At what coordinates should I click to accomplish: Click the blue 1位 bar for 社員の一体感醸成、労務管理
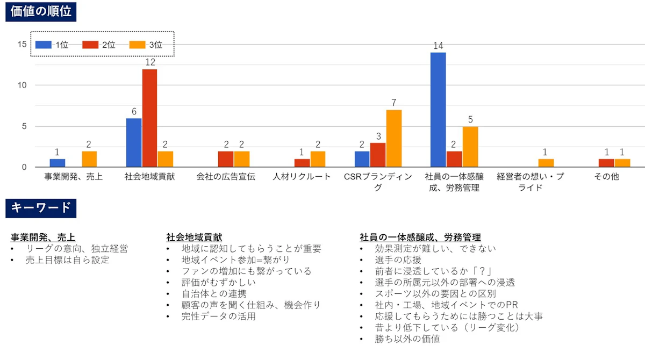438,110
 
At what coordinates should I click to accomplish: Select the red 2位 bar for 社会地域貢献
149,118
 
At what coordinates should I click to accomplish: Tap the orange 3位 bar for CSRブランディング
393,139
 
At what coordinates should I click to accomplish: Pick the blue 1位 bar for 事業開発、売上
58,163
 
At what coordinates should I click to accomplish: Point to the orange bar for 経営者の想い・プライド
546,163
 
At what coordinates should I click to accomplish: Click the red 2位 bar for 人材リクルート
302,163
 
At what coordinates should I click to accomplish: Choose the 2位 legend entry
99,45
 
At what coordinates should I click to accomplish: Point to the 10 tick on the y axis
23,85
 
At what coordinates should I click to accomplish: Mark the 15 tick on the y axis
23,44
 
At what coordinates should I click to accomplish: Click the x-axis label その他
607,176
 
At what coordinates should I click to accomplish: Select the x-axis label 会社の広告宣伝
226,176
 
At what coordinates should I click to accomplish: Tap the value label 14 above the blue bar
438,46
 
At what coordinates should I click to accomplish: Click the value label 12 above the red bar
150,63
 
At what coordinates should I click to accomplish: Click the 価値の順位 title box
41,11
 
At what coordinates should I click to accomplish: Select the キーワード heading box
41,208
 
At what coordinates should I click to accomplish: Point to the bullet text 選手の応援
398,260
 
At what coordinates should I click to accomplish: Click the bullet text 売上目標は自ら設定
67,260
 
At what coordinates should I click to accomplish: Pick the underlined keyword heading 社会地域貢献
194,237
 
